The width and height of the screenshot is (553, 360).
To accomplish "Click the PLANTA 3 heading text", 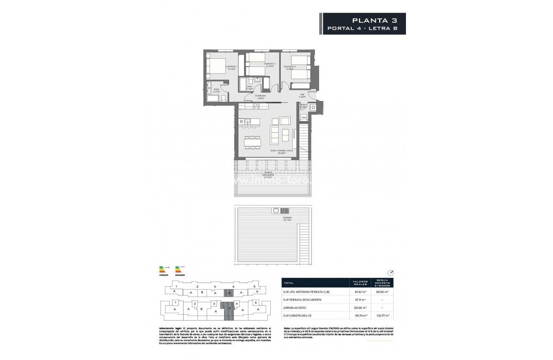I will click(373, 20).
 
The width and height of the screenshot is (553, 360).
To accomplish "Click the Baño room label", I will click(217, 90).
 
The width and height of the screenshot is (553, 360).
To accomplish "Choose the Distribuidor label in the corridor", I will click(261, 96).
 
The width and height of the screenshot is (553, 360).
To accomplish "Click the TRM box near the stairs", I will click(304, 118).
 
